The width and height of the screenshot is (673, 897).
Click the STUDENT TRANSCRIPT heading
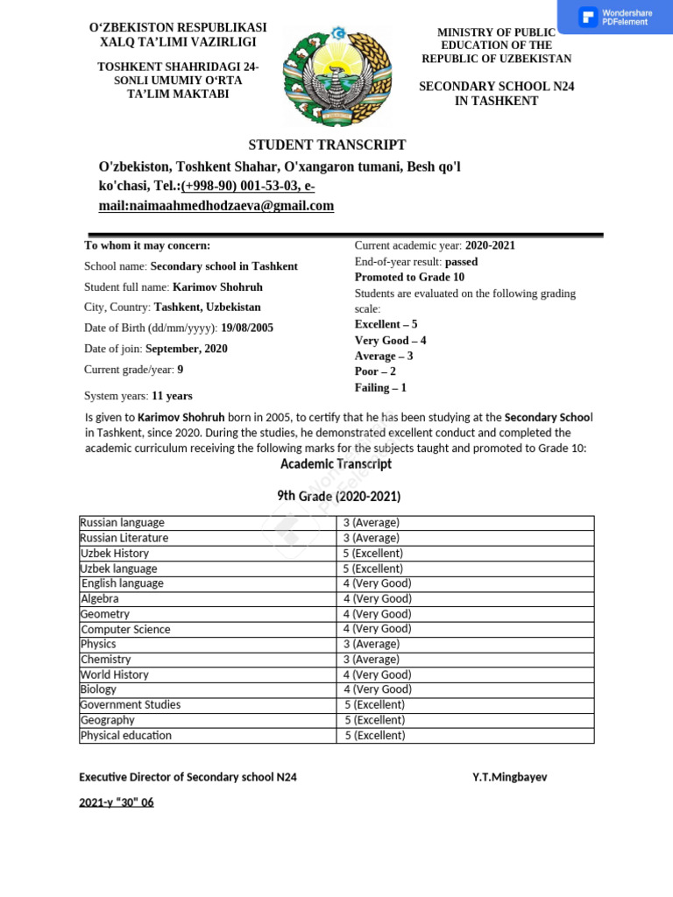[327, 145]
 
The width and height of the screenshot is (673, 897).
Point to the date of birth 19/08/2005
[247, 328]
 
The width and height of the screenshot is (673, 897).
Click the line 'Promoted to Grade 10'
[409, 278]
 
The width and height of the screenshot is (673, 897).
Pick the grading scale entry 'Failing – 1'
[380, 387]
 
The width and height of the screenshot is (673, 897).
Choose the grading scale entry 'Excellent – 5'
[386, 324]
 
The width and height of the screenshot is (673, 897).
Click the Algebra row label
[99, 599]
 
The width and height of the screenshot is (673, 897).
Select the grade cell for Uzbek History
[373, 554]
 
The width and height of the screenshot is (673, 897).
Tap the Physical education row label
[126, 736]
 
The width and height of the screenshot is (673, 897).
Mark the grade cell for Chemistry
[372, 660]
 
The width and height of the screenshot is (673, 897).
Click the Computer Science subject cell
[125, 629]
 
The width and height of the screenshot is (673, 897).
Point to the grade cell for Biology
[378, 689]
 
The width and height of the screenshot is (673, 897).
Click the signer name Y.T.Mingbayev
[509, 777]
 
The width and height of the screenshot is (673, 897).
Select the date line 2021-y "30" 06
[117, 802]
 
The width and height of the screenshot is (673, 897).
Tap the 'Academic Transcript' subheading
[336, 464]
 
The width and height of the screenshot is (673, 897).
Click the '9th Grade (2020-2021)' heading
[338, 497]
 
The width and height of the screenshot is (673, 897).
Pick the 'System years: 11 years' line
[138, 396]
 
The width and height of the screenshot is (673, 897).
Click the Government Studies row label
[131, 705]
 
